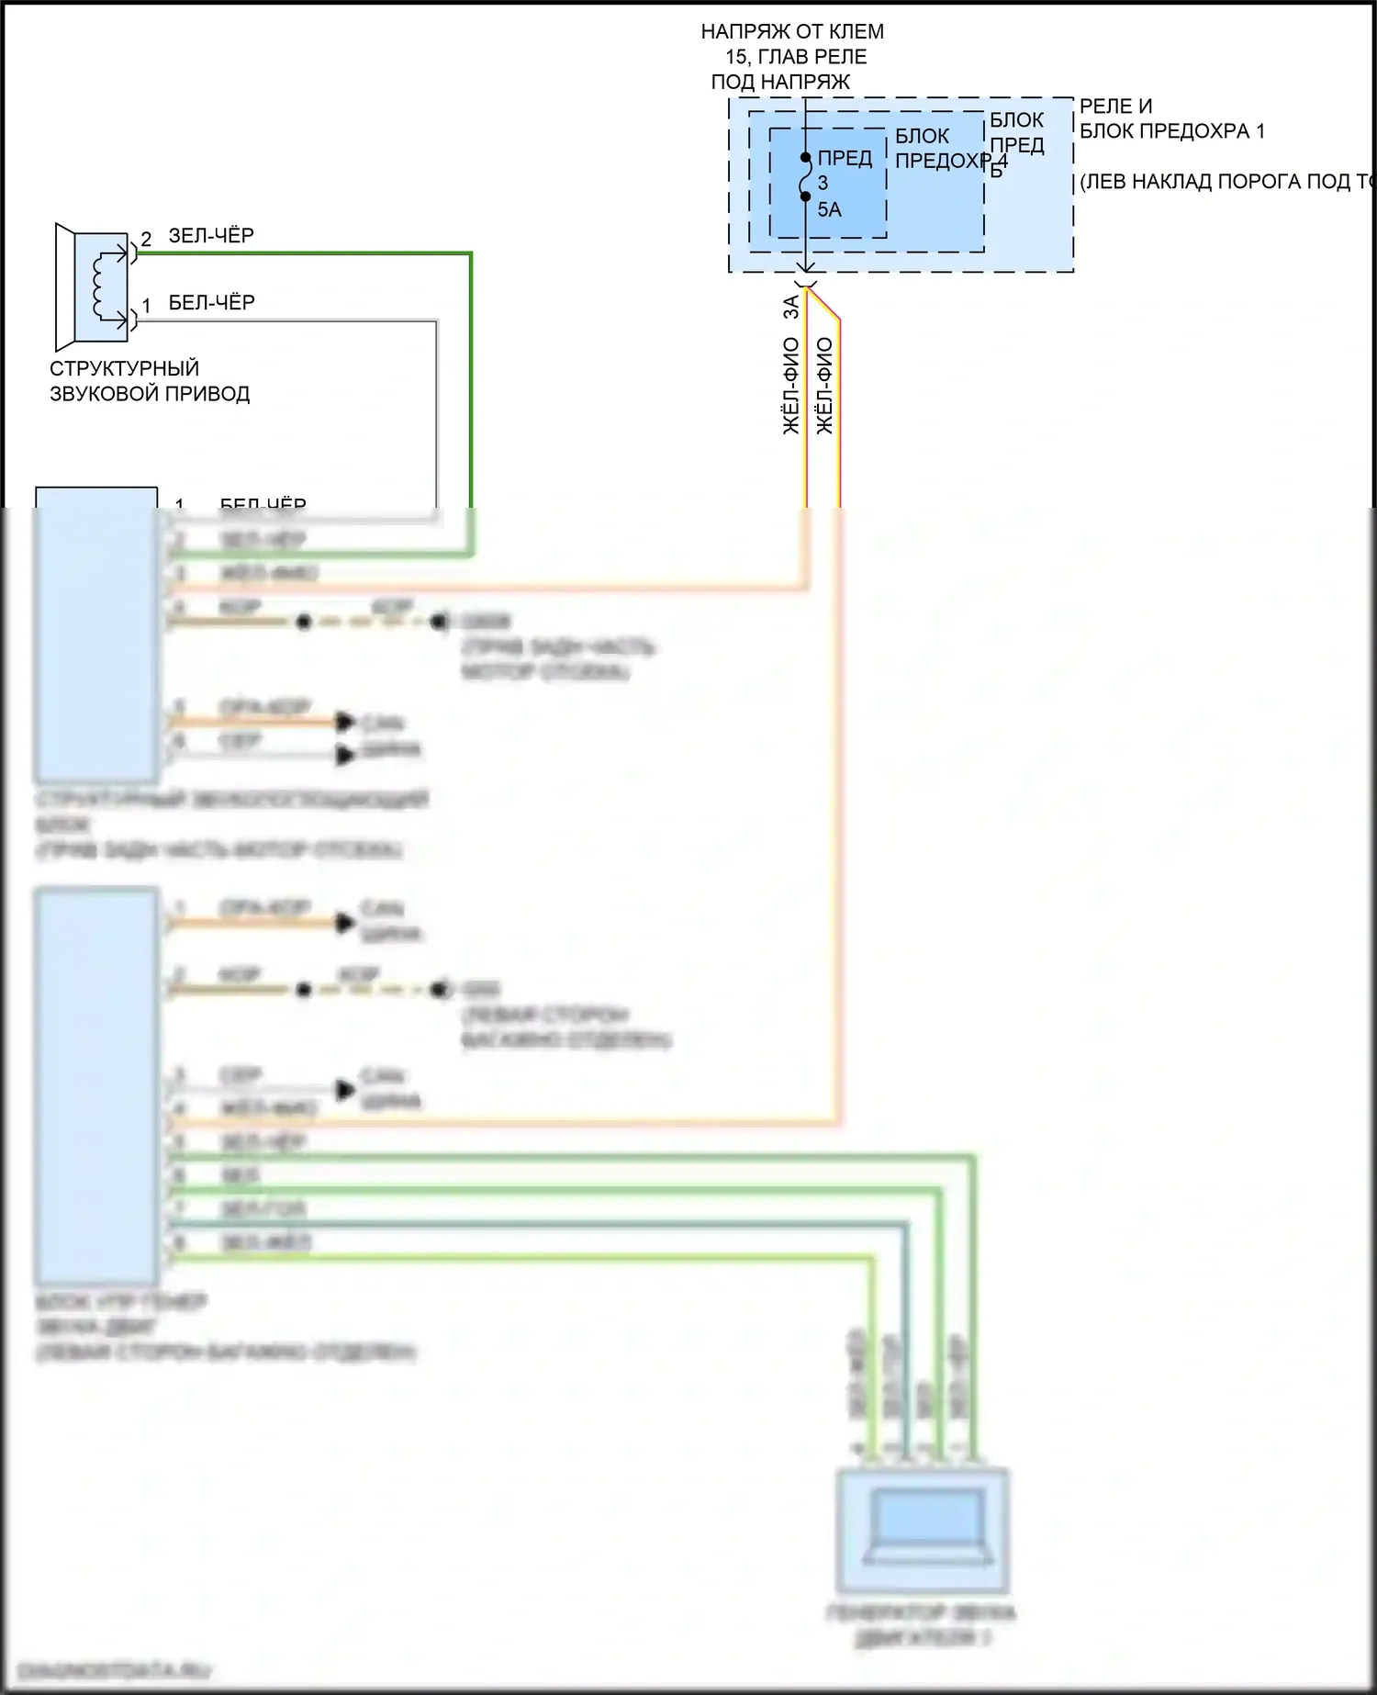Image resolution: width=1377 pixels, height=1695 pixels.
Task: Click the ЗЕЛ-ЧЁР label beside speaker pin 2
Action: [x=211, y=236]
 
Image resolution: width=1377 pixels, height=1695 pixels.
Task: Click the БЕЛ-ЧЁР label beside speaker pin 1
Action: [x=211, y=303]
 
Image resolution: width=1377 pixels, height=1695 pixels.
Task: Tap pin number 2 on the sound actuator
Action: [x=146, y=240]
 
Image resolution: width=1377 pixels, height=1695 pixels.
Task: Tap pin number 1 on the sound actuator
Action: [x=146, y=306]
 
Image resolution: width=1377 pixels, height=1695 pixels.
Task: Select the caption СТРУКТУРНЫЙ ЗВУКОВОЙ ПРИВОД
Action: [x=149, y=381]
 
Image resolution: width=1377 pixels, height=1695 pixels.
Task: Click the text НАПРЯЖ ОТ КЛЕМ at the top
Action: [x=792, y=32]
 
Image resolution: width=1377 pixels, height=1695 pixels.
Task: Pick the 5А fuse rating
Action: [x=829, y=210]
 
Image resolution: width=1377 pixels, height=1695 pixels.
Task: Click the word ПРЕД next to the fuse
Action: [x=845, y=159]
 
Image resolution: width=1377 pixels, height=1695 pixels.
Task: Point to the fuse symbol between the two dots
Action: [x=805, y=177]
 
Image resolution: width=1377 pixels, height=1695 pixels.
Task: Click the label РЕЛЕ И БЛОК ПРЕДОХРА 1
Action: [x=1170, y=119]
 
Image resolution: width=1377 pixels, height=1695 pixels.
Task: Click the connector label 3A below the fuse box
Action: [x=790, y=308]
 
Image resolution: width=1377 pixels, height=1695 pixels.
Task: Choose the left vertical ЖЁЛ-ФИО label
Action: [x=790, y=386]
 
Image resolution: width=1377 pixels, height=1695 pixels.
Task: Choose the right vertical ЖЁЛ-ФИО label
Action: [x=824, y=386]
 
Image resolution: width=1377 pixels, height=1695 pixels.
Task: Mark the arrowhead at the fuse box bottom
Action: [x=805, y=267]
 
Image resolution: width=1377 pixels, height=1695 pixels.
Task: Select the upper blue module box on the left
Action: [x=96, y=634]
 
